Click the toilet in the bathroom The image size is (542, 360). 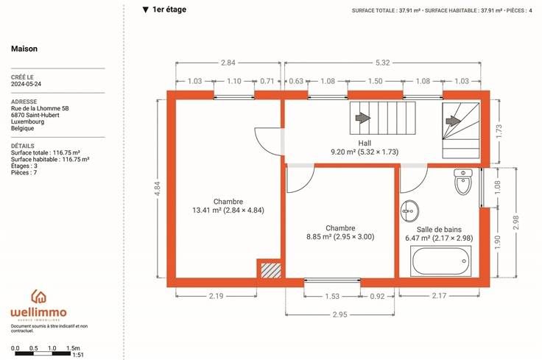[463, 182]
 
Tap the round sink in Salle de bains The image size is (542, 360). [409, 211]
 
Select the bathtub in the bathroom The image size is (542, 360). [440, 261]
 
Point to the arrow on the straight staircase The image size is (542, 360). [363, 118]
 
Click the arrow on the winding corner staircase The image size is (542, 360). [453, 121]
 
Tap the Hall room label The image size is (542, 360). [365, 143]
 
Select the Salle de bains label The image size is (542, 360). [439, 230]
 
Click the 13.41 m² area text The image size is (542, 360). [207, 210]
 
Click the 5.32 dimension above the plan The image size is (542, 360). [383, 63]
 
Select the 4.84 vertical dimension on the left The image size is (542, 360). [158, 188]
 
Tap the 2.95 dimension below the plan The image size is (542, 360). [339, 314]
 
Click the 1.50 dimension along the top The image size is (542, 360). [375, 81]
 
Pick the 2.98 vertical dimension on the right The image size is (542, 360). [515, 222]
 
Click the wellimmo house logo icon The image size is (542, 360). [39, 297]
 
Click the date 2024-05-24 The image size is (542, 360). [26, 84]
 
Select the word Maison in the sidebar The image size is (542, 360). [24, 49]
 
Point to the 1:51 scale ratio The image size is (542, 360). [78, 355]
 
